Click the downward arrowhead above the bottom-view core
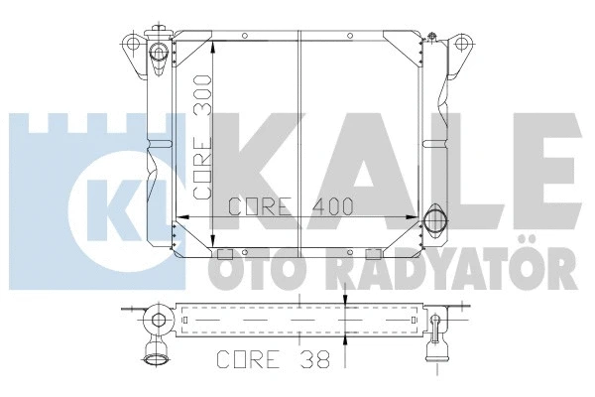(x=344, y=301)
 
